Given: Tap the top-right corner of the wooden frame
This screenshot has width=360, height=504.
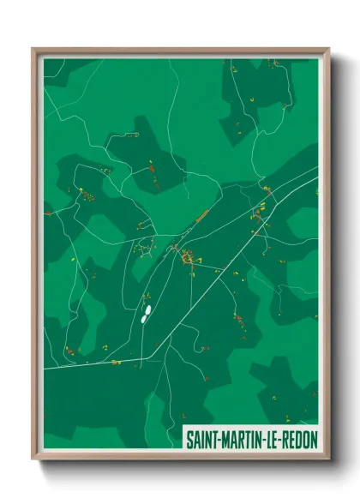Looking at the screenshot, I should pos(328,49).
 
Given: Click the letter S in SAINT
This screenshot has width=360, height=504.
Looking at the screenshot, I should pos(190,438).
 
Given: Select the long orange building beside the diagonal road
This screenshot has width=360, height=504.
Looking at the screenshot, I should pos(202,216).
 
